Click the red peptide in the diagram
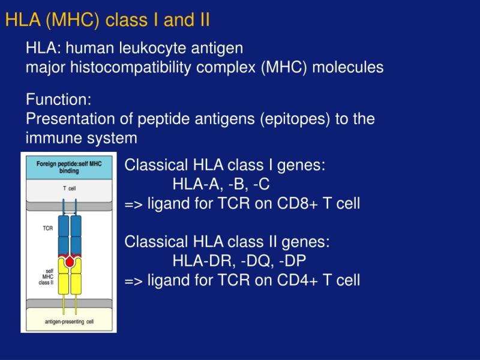(x=70, y=262)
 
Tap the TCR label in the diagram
(x=48, y=228)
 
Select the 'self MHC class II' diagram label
(x=47, y=277)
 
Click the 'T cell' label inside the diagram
(x=70, y=188)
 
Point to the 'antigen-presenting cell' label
(x=69, y=322)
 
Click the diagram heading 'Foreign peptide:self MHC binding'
(x=69, y=167)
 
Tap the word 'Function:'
(x=58, y=99)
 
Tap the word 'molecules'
(x=348, y=67)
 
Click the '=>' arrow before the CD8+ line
(x=134, y=204)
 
